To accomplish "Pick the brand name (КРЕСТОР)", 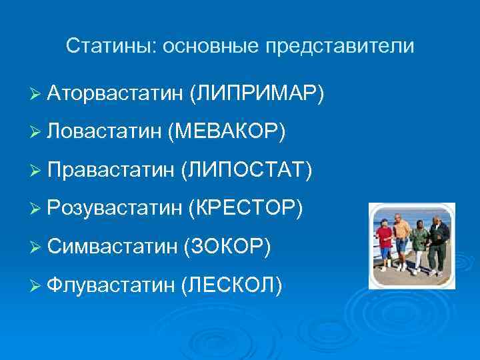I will (247, 210).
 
